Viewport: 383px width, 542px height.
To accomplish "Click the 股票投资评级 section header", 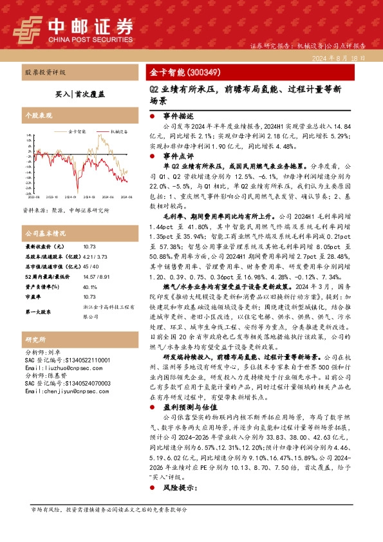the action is tap(46, 73).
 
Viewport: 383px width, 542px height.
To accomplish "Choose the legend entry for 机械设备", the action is tap(117, 129).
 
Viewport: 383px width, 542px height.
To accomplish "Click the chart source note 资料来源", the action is tap(66, 210).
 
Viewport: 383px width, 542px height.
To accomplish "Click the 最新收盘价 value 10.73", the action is tap(89, 247).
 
